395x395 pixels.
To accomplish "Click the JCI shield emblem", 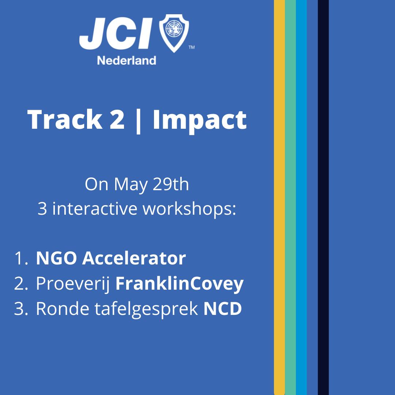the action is click(174, 33).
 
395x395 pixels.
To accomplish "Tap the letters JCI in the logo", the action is click(116, 33).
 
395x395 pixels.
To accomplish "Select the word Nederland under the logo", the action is click(127, 60).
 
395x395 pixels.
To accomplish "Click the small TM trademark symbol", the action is click(192, 47).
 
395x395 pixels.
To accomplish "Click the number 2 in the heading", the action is click(117, 119).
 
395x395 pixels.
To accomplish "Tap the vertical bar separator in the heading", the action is click(138, 121).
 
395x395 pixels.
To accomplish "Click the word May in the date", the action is click(131, 185).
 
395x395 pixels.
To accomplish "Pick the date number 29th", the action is click(171, 184).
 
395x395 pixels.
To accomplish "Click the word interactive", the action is click(94, 208).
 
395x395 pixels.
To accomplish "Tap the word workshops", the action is click(189, 210).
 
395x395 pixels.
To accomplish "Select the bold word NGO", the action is click(56, 258).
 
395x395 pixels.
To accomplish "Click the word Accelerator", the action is click(134, 258).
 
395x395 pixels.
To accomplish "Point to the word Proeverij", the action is click(73, 284).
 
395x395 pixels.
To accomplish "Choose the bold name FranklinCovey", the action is click(179, 284).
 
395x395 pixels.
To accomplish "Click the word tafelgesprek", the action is click(146, 309).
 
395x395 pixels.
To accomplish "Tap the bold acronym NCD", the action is click(222, 308).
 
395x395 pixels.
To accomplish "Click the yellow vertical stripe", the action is click(279, 197).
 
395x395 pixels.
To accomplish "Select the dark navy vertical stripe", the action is click(323, 197).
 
